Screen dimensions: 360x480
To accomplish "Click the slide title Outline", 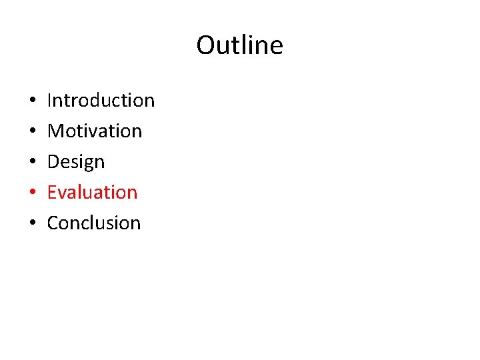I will pyautogui.click(x=239, y=45).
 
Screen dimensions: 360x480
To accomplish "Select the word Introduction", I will pyautogui.click(x=101, y=101).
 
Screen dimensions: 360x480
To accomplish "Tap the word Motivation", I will pyautogui.click(x=95, y=131).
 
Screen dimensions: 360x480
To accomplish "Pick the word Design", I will pyautogui.click(x=76, y=162).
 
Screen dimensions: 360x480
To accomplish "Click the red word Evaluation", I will pyautogui.click(x=92, y=193).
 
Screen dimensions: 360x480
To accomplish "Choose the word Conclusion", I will pyautogui.click(x=94, y=223).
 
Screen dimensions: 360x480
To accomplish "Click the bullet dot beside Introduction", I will pyautogui.click(x=33, y=101).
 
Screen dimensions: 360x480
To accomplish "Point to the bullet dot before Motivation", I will pyautogui.click(x=33, y=132).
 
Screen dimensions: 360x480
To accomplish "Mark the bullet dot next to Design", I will pyautogui.click(x=33, y=163).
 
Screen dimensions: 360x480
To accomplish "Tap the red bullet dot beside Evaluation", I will pyautogui.click(x=33, y=193).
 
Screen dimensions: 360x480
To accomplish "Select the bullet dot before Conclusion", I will pyautogui.click(x=33, y=224).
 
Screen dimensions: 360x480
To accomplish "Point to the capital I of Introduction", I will pyautogui.click(x=50, y=101).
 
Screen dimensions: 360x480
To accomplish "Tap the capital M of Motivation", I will pyautogui.click(x=55, y=131).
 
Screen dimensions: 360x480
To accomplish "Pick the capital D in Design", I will pyautogui.click(x=53, y=162).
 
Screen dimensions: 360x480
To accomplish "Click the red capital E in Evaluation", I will pyautogui.click(x=52, y=193).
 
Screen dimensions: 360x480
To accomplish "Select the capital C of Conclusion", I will pyautogui.click(x=53, y=223).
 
